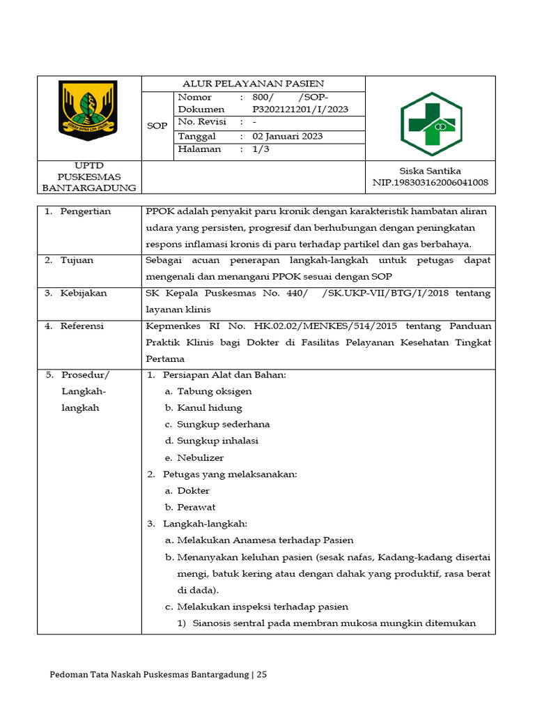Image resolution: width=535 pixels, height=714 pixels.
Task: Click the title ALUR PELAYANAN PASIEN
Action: pos(253,84)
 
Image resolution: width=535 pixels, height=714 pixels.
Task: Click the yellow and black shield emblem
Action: pos(88,110)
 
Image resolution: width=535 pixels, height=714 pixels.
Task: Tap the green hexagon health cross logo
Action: pos(431,123)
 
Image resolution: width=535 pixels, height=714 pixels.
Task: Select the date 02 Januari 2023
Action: pos(287,136)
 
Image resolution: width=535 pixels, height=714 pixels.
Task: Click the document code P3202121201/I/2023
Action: pos(300,109)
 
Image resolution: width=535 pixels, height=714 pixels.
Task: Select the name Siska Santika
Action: pos(430,171)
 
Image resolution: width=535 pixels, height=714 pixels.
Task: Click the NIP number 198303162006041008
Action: pos(430,183)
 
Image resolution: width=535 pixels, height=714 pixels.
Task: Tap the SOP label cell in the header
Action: pos(157,126)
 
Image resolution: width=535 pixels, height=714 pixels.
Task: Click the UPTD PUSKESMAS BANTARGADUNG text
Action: pos(89,177)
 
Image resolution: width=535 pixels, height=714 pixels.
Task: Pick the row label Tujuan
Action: pos(77,260)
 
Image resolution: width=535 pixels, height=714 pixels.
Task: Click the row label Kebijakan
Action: pos(84,293)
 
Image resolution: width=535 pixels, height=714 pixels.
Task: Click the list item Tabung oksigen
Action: pos(214,391)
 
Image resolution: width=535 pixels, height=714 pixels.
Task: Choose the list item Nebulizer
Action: pos(200,457)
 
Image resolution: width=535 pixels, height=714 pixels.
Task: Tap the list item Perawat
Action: pos(196,507)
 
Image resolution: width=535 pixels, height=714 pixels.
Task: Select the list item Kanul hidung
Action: pos(209,408)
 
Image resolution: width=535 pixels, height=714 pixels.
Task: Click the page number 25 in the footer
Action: pos(261,674)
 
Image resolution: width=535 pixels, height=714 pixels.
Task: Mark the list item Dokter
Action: pos(193,491)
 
